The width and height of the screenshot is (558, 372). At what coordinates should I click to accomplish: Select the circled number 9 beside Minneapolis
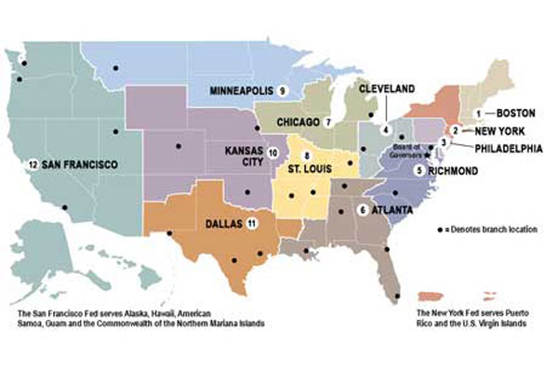point(281,90)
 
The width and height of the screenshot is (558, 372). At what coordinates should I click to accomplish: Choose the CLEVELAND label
point(387,88)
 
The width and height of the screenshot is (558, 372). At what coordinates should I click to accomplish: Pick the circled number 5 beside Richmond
point(419,171)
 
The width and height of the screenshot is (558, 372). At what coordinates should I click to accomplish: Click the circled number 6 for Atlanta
point(362,210)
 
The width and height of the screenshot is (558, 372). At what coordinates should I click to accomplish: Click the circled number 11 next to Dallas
point(252,224)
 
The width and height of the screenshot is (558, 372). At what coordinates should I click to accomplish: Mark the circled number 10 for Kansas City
point(272,152)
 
